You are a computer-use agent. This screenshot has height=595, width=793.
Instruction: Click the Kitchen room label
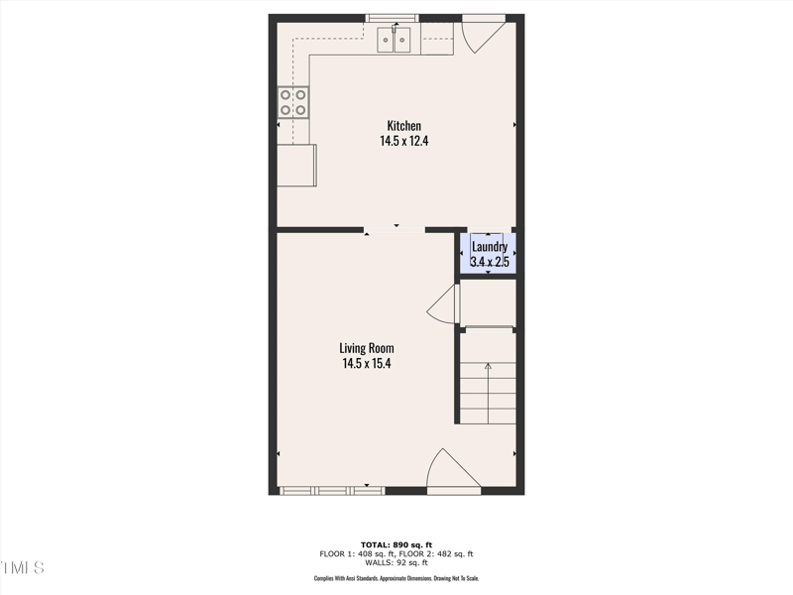pos(403,126)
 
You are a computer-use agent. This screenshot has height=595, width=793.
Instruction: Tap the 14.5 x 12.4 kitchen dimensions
pos(403,141)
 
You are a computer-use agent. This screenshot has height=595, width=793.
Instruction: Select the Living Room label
pos(367,348)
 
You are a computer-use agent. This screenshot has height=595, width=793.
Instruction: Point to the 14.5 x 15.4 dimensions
pos(367,364)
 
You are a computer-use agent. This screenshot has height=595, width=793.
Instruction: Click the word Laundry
pos(490,247)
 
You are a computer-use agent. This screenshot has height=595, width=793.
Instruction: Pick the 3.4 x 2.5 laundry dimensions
pos(490,262)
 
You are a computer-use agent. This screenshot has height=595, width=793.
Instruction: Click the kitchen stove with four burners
pos(292,102)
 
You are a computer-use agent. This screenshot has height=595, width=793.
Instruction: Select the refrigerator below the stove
pos(296,166)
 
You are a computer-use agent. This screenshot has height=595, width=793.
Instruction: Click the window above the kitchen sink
pos(393,17)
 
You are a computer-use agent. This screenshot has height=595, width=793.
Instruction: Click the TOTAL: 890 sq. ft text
pos(396,544)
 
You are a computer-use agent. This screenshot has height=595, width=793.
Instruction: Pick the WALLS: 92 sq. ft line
pos(396,563)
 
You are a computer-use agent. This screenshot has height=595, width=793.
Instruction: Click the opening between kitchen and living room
pos(395,230)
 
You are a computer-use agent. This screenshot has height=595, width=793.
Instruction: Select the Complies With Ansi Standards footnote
pos(396,578)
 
